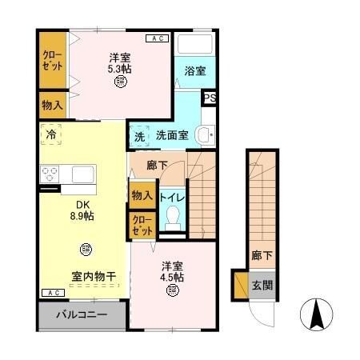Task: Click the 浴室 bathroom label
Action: click(x=195, y=71)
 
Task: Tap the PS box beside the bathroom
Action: click(x=209, y=98)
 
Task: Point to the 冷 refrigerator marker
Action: click(x=51, y=134)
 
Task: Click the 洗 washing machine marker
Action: click(x=139, y=135)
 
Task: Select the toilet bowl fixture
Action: click(x=172, y=215)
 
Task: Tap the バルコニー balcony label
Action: click(x=81, y=314)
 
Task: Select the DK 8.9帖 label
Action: click(x=80, y=210)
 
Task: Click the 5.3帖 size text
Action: click(x=120, y=69)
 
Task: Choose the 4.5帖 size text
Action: click(x=172, y=277)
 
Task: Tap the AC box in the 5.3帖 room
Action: click(x=157, y=38)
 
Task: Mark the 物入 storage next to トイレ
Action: click(x=142, y=195)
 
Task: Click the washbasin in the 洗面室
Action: click(x=206, y=134)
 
